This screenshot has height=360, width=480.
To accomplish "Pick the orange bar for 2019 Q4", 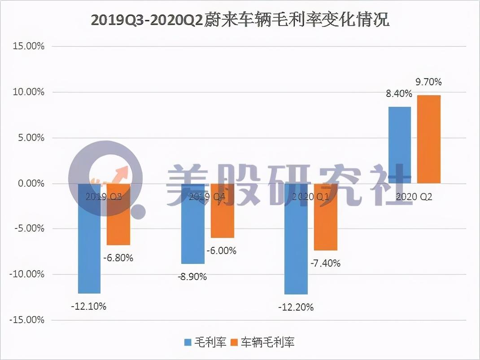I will point(222,215).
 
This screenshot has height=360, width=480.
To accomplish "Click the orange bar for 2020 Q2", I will point(429,139).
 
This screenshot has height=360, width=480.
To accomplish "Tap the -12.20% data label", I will point(296,307).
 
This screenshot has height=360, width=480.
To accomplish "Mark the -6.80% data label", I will point(118,258).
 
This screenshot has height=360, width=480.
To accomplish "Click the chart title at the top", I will point(240,20).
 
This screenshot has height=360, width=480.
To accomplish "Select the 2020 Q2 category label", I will point(414,197).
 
